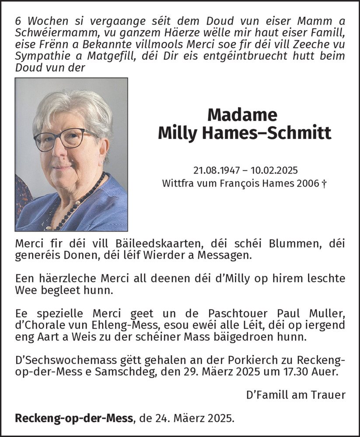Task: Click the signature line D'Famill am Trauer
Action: coord(296,395)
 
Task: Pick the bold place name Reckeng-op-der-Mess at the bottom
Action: coord(74,418)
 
